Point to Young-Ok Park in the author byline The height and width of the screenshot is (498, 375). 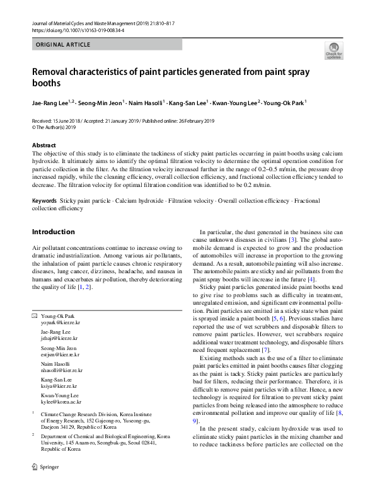[x=285, y=101]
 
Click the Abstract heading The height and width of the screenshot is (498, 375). [x=44, y=145]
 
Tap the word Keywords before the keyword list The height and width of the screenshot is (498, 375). [x=44, y=200]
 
